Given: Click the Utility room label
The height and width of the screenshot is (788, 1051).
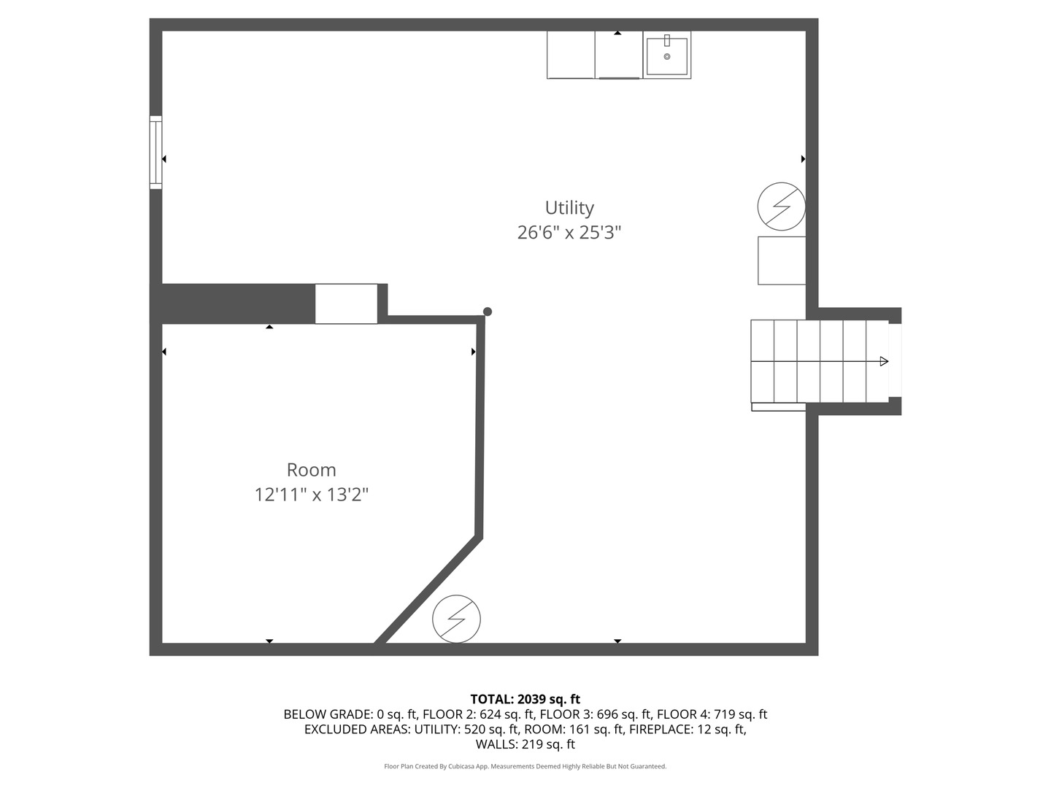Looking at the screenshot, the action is (569, 208).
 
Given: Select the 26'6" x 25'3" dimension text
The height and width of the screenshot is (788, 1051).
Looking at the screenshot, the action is (569, 233).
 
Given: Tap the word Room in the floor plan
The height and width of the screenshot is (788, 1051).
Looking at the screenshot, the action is (311, 470).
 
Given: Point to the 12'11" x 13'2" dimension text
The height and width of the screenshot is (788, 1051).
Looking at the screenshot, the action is (311, 495).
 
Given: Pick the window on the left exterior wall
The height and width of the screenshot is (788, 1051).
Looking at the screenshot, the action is (155, 152).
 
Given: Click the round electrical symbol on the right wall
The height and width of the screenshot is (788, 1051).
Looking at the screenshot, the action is (781, 206).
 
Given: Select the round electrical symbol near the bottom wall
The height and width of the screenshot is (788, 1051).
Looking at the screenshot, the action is (456, 619).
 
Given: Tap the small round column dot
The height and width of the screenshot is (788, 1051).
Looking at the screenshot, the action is (488, 312).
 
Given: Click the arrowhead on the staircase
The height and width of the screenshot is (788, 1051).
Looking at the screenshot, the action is (884, 362).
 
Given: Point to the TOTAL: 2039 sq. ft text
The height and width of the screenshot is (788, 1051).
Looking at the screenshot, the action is (525, 700).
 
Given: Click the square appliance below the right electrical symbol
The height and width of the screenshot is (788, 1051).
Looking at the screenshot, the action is (782, 260).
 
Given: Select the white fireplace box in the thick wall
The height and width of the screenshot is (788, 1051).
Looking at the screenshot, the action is (346, 304).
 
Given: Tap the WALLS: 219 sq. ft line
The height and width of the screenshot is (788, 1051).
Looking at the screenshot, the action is (525, 744).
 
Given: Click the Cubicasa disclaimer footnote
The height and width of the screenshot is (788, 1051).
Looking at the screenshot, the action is (525, 766).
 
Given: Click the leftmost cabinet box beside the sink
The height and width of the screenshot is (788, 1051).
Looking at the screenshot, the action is (571, 55).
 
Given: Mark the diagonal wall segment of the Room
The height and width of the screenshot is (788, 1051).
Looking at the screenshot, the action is (428, 590).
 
